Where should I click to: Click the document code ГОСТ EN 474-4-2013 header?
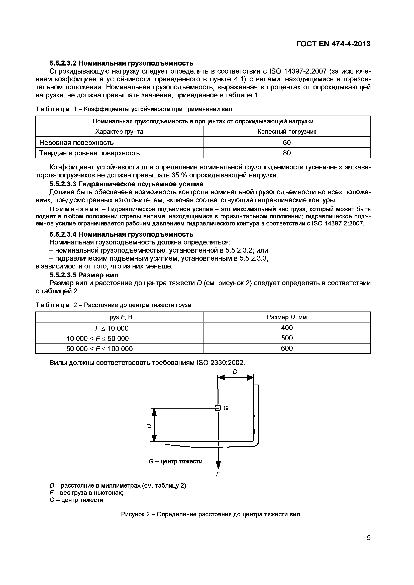(333, 44)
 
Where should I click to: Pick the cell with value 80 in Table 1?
(287, 153)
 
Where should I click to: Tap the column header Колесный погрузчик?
(287, 132)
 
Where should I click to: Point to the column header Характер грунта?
(119, 132)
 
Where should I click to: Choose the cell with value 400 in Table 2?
(287, 328)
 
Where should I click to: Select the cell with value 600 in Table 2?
(287, 348)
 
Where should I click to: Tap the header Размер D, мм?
(287, 317)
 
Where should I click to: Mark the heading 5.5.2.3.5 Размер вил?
(84, 275)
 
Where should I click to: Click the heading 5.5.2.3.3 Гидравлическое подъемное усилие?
(126, 184)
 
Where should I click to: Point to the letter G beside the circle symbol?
(226, 408)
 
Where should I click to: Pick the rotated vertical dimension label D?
(149, 426)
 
